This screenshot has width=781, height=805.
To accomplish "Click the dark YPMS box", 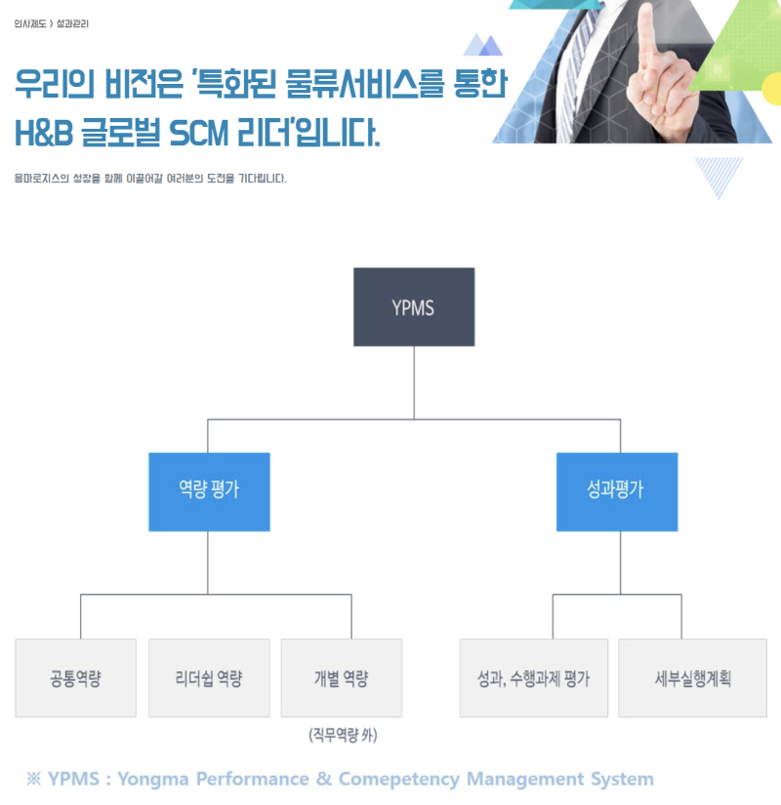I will (414, 307).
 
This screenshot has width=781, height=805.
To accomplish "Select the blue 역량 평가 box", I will (209, 491).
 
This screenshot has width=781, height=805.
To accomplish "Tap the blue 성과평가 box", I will (616, 491).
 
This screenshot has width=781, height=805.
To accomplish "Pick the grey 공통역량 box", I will (75, 678).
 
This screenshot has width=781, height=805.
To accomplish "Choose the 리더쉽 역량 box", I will (208, 678).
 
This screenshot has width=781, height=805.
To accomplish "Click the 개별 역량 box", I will (341, 678).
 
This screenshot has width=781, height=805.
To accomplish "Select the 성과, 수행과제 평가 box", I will (533, 678).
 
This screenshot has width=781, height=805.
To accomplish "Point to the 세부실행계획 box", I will (692, 678).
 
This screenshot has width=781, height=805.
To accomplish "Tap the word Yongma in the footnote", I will (153, 779).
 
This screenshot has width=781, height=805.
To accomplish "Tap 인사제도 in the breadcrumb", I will (30, 22).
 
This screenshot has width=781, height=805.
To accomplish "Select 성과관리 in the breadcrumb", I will (72, 22).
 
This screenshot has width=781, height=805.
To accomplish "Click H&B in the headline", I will (44, 133).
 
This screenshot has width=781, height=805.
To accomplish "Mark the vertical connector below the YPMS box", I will (414, 382).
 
